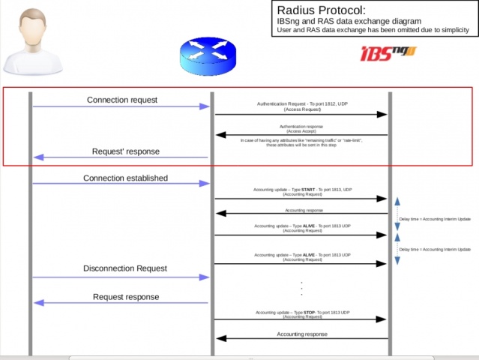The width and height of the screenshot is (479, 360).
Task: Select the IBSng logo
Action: click(x=388, y=53)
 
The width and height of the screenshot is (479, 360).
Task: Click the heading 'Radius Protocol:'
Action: click(x=322, y=10)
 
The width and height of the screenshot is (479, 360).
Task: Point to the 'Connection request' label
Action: click(x=122, y=100)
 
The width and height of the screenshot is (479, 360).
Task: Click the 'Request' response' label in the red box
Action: click(x=125, y=151)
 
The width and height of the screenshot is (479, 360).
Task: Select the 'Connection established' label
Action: click(x=125, y=178)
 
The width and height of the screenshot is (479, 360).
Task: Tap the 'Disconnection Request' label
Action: click(x=124, y=268)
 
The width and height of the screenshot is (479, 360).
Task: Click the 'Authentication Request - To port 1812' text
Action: click(x=302, y=103)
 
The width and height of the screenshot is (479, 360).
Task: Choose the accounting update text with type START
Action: click(x=302, y=189)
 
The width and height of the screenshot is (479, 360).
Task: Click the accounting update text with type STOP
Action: click(x=302, y=311)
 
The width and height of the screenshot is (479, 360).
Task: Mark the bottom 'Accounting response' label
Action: click(x=302, y=334)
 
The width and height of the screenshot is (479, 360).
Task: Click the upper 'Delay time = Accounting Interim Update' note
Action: click(x=435, y=219)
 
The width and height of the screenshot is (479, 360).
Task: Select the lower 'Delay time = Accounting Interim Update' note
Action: click(x=435, y=248)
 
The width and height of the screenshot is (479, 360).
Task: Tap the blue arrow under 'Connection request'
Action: click(x=121, y=107)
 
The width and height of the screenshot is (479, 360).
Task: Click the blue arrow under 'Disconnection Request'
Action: click(x=121, y=277)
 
